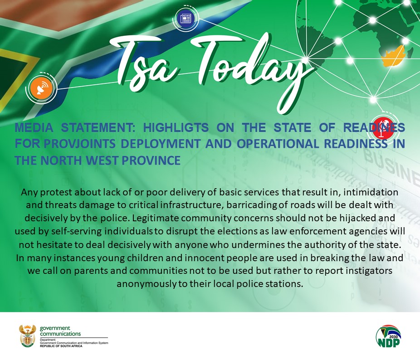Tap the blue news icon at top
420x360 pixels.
click(x=186, y=19)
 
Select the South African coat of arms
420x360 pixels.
click(x=27, y=336)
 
